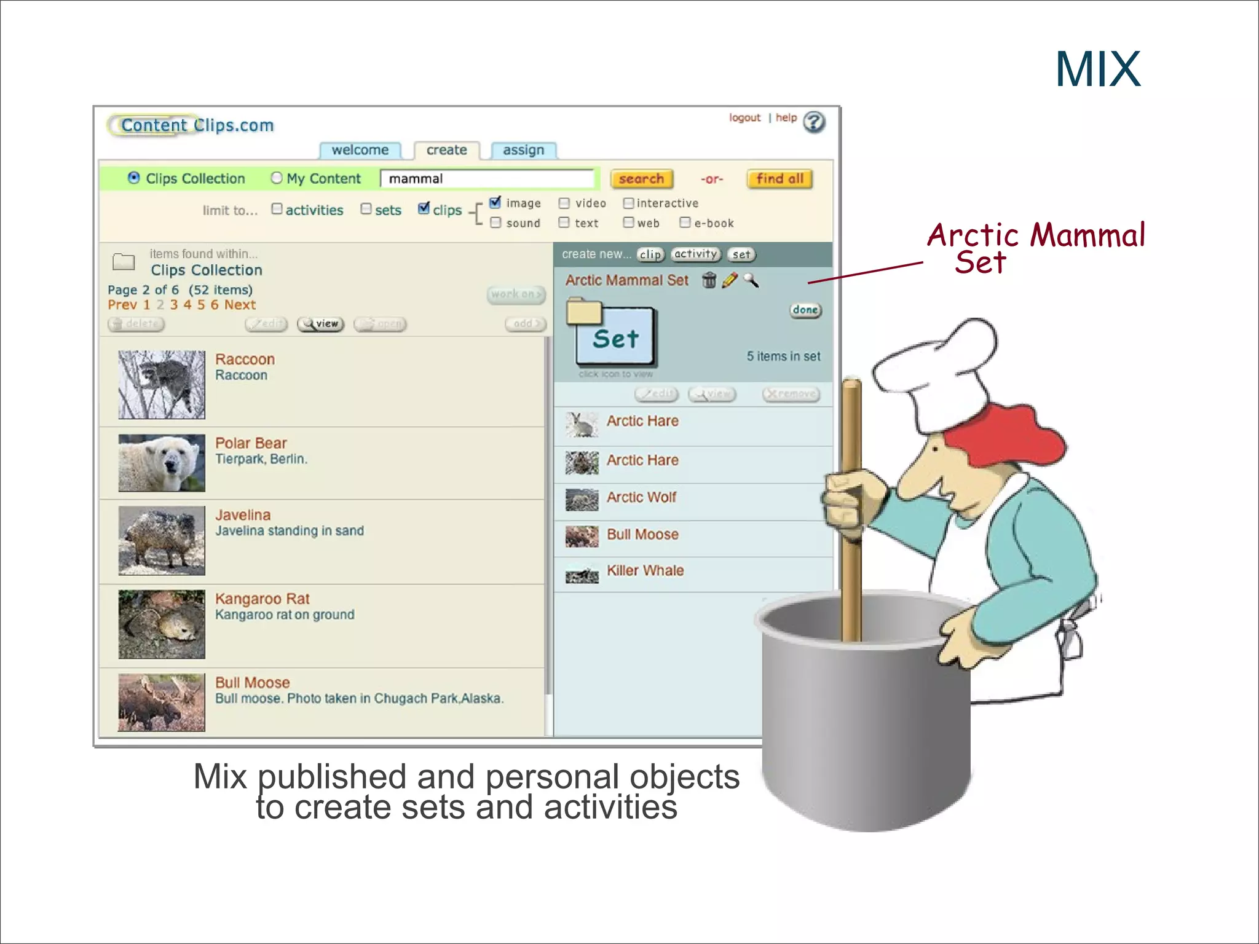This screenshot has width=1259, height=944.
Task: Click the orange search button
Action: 641,179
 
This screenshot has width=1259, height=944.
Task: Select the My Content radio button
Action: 277,178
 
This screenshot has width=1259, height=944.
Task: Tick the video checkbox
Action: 564,203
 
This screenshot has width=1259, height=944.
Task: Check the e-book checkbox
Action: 685,222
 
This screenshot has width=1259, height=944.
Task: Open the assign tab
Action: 523,151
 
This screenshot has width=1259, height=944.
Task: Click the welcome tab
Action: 360,151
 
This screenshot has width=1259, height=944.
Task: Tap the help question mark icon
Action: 814,122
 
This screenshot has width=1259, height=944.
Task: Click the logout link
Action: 744,118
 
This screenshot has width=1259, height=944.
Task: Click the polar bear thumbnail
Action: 162,463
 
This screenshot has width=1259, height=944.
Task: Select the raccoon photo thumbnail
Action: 162,385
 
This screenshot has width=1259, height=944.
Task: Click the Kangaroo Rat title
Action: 262,599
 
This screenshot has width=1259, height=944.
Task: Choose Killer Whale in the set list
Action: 645,571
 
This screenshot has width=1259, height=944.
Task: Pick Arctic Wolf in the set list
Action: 641,497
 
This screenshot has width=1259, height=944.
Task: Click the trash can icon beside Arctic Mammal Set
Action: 709,280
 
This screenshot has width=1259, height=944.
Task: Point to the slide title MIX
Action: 1098,69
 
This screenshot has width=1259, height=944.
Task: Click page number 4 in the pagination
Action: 187,305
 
